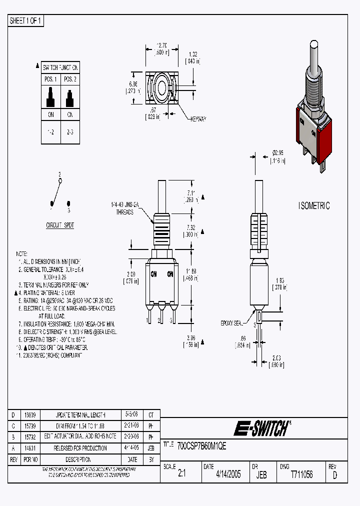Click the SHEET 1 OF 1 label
click(x=26, y=20)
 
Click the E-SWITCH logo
click(x=262, y=428)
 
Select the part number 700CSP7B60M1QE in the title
click(x=202, y=446)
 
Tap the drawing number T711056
click(x=301, y=474)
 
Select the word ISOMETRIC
click(x=314, y=205)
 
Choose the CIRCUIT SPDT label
click(x=60, y=225)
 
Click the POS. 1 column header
click(x=50, y=79)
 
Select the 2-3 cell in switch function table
click(x=70, y=131)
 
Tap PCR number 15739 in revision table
click(x=29, y=426)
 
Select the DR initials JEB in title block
click(x=261, y=475)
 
